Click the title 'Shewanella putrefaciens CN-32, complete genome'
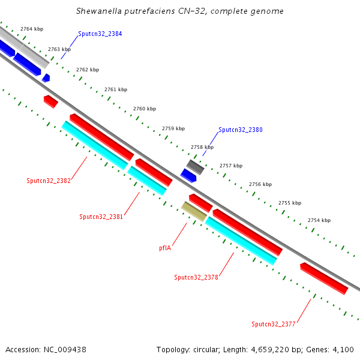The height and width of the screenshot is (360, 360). pyautogui.click(x=180, y=11)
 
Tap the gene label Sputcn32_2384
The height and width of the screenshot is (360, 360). pyautogui.click(x=100, y=34)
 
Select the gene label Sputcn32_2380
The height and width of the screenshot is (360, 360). pyautogui.click(x=240, y=130)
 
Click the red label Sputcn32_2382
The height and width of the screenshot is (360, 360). pyautogui.click(x=49, y=181)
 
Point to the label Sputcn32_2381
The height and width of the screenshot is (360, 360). pyautogui.click(x=101, y=217)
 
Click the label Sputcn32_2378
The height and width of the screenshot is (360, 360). pyautogui.click(x=196, y=277)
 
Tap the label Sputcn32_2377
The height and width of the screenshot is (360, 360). pyautogui.click(x=274, y=324)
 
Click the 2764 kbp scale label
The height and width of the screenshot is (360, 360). pyautogui.click(x=31, y=29)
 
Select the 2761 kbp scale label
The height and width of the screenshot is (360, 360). pyautogui.click(x=116, y=89)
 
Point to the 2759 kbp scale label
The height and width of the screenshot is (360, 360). pyautogui.click(x=173, y=128)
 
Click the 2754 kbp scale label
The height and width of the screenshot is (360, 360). pyautogui.click(x=319, y=221)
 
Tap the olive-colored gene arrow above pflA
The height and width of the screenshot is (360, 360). pyautogui.click(x=194, y=211)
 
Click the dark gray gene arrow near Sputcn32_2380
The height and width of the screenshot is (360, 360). pyautogui.click(x=196, y=166)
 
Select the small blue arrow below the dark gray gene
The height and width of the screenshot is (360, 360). pyautogui.click(x=188, y=175)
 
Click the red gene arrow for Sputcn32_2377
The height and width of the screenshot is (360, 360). pyautogui.click(x=324, y=278)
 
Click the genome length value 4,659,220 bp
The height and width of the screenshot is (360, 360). pyautogui.click(x=274, y=349)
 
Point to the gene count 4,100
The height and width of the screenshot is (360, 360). pyautogui.click(x=343, y=349)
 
